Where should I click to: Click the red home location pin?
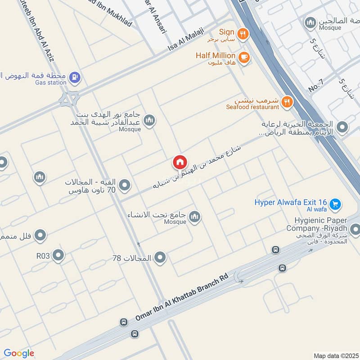point(180,162)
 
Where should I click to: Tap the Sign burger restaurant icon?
point(243,33)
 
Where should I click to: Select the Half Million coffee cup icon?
point(245,57)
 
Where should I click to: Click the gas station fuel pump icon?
point(76,77)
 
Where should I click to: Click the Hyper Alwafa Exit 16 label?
point(291,203)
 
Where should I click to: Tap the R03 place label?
point(44,256)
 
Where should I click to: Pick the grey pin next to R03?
point(58,256)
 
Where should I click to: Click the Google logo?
point(19,353)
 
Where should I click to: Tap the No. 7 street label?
point(316,86)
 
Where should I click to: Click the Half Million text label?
point(216,55)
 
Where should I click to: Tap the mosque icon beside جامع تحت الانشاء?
point(194,217)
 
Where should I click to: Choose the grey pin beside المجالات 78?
point(160,258)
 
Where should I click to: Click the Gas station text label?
point(50,83)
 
